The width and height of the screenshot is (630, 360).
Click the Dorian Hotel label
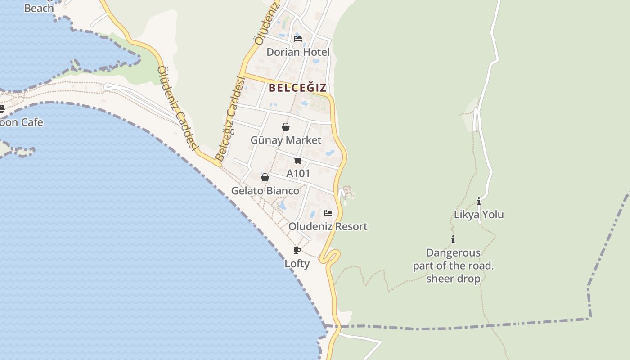coord(298,52)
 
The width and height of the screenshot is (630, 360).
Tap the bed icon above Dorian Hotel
coord(297,39)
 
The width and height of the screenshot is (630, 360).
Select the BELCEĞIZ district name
coord(297,88)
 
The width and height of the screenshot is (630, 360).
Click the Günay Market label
coord(286,140)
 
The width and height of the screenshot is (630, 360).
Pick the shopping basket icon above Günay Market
coord(285,127)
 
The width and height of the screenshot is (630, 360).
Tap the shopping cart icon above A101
coord(298,161)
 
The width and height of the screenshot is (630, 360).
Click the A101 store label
coord(298,174)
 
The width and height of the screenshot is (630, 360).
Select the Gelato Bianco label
coord(265,191)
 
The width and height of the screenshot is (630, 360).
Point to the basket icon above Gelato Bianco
coord(265,178)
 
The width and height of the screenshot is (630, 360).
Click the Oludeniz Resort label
coord(328,226)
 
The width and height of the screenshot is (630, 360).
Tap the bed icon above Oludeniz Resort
coord(328,213)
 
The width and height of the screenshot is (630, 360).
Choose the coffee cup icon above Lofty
coord(297,251)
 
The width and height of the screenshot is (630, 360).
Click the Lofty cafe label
coord(297,264)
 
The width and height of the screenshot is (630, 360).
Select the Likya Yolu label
coord(479,215)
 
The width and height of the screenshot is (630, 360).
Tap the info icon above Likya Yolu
coord(479,202)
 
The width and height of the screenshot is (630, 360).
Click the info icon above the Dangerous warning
coord(453,240)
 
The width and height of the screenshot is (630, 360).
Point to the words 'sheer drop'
coord(453,279)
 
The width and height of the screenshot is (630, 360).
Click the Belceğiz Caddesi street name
coord(230,119)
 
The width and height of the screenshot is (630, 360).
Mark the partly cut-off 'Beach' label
coord(39,8)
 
